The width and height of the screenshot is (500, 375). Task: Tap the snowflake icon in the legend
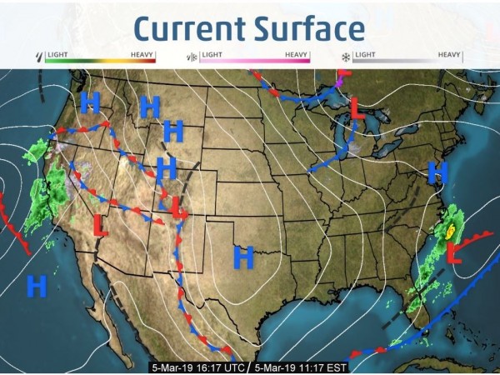pos(344,57)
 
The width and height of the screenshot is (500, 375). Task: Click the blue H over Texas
pos(242,257)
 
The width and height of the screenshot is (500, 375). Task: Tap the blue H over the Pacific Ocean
pos(36,286)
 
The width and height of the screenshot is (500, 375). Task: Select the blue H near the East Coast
pos(437,173)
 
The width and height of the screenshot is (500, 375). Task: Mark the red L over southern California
pos(99,225)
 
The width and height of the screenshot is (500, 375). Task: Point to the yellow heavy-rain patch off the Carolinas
pos(451,228)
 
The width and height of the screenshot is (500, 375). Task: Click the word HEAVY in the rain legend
pos(142,54)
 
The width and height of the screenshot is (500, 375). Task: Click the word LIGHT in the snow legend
pos(366,54)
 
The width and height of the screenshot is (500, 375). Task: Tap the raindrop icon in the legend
pos(37,57)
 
